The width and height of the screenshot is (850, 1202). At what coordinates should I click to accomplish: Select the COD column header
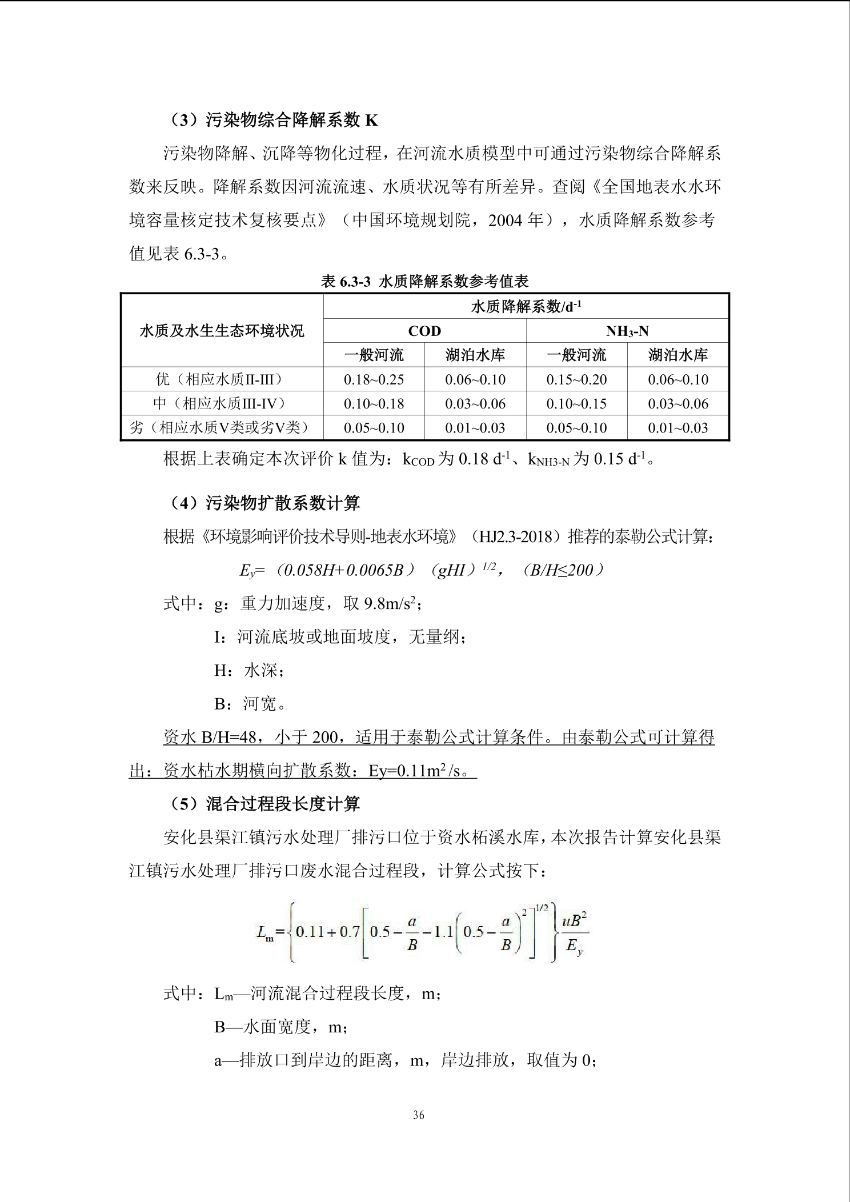pos(424,331)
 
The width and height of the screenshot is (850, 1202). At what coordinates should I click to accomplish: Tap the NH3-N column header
pos(627,331)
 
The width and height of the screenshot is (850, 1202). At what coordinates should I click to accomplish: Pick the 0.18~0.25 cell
pos(374,379)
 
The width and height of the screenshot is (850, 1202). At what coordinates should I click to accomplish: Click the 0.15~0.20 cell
pos(576,379)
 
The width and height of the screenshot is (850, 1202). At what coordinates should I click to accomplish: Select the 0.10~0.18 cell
pos(374,404)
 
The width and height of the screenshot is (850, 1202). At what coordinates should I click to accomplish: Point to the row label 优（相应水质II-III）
pos(222,379)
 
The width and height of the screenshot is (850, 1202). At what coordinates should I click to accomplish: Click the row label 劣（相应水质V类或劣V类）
pos(222,428)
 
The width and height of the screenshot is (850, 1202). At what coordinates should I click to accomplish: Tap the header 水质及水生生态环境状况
pos(222,331)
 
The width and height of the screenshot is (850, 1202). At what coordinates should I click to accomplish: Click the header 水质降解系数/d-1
pos(526,307)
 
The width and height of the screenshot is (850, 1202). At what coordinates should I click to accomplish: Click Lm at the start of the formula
pos(265,933)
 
